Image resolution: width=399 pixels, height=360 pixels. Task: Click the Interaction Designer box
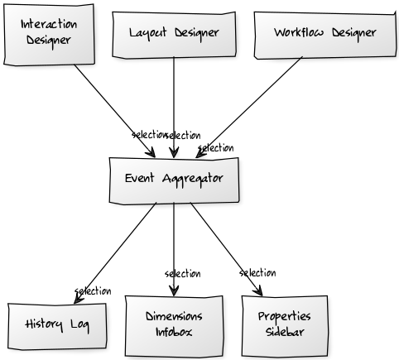pyautogui.click(x=49, y=35)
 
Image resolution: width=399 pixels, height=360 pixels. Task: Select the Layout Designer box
pyautogui.click(x=174, y=35)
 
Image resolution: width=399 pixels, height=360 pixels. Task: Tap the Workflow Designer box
pyautogui.click(x=325, y=36)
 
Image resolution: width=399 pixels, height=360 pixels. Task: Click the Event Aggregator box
pyautogui.click(x=174, y=180)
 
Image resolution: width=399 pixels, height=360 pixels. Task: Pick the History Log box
pyautogui.click(x=57, y=326)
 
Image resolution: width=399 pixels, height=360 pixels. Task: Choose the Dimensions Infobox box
pyautogui.click(x=174, y=326)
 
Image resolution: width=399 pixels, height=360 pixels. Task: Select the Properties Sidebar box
pyautogui.click(x=285, y=326)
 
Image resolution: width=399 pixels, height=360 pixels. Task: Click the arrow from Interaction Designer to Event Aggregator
pyautogui.click(x=115, y=111)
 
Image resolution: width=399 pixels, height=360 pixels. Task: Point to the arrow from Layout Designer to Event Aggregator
pyautogui.click(x=174, y=108)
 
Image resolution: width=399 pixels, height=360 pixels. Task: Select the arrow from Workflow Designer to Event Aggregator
pyautogui.click(x=249, y=108)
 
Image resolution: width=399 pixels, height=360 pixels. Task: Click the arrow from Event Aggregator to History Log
pyautogui.click(x=115, y=253)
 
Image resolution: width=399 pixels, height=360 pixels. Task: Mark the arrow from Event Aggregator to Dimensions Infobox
pyautogui.click(x=174, y=249)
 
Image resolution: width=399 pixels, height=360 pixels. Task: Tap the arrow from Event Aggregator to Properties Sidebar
pyautogui.click(x=226, y=249)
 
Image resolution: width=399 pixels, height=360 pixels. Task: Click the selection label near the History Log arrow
pyautogui.click(x=93, y=291)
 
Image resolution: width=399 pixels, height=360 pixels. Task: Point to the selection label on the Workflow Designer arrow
pyautogui.click(x=216, y=148)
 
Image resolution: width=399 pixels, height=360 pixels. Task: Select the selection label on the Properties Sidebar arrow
pyautogui.click(x=257, y=273)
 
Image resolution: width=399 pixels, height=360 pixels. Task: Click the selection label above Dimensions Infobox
pyautogui.click(x=183, y=274)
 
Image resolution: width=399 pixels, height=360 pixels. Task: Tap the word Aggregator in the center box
pyautogui.click(x=193, y=180)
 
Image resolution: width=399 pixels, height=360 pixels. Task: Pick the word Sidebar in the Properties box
pyautogui.click(x=285, y=332)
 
